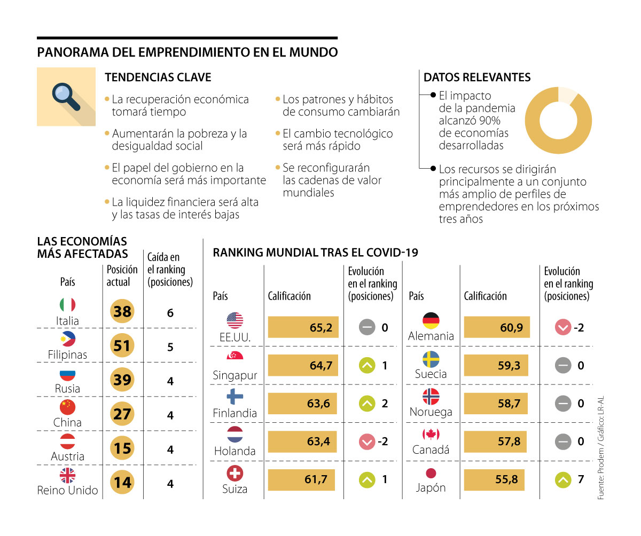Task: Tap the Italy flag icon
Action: coord(67,305)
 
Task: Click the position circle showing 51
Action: coord(122,346)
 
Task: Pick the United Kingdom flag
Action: coord(67,475)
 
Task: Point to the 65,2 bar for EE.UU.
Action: coord(303,327)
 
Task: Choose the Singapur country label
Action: coord(235,375)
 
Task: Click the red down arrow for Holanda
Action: coord(367,442)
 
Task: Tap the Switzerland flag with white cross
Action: coord(235,472)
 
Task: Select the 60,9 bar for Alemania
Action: coord(497,327)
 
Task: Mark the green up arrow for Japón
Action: coord(563,480)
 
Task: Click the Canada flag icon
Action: coord(431,434)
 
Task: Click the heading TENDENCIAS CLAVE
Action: coord(158,77)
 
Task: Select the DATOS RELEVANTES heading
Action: coord(477,77)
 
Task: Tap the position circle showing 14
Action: coord(122,483)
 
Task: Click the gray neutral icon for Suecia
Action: coord(563,366)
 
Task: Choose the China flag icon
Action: coord(67,407)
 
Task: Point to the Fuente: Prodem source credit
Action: coord(601,448)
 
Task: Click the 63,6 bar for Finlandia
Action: coord(302,404)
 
